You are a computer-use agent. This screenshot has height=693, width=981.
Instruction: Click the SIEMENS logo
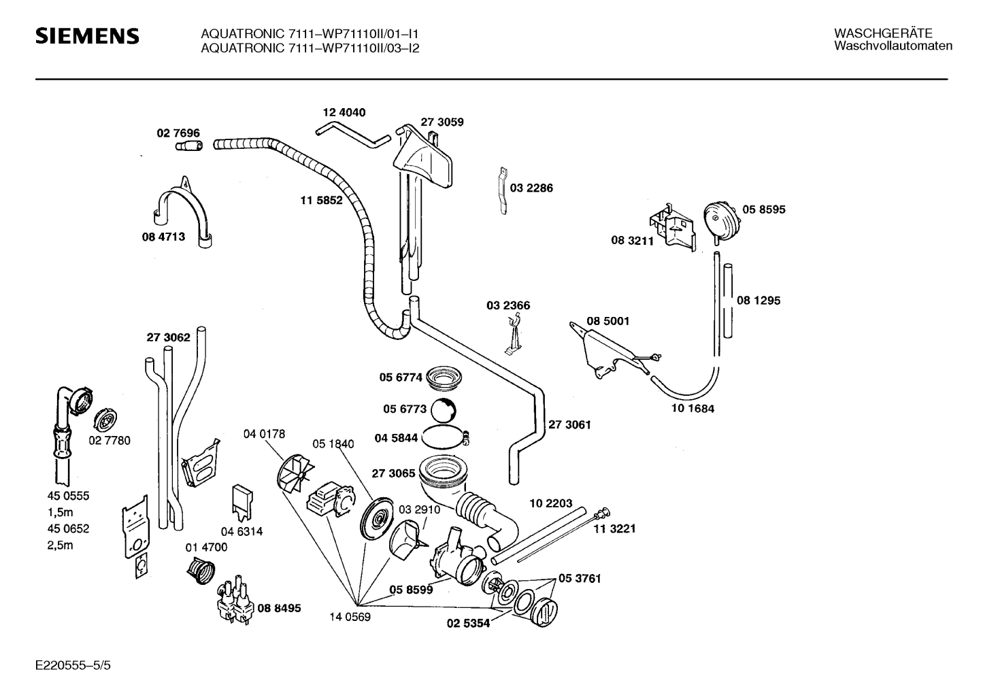tap(87, 36)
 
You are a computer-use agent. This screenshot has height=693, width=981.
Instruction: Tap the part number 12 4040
tap(344, 112)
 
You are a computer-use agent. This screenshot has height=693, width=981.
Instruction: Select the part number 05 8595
tap(764, 209)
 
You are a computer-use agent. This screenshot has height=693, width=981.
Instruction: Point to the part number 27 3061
tap(569, 424)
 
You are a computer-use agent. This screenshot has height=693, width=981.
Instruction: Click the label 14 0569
tap(350, 617)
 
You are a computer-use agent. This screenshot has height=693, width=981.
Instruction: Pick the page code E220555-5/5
tap(73, 665)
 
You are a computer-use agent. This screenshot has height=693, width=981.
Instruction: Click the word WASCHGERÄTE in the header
tap(883, 33)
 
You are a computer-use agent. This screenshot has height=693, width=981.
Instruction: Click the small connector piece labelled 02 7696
tap(189, 146)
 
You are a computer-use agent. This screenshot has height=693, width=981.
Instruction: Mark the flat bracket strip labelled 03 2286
tap(503, 190)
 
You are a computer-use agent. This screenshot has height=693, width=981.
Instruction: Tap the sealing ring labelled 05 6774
tap(444, 377)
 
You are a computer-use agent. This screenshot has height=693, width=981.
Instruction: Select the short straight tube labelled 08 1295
tap(728, 301)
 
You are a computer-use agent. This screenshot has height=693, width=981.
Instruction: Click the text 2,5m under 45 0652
tap(61, 545)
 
